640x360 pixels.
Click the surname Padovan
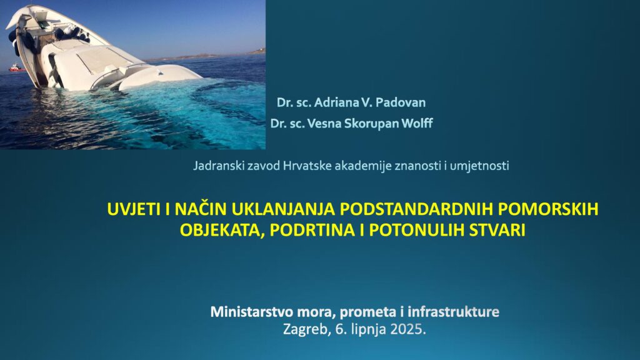point(401,102)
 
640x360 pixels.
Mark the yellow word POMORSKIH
point(549,209)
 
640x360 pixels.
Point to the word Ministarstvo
point(251,312)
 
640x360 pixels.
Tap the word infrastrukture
point(454,312)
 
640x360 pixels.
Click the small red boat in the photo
point(17,67)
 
